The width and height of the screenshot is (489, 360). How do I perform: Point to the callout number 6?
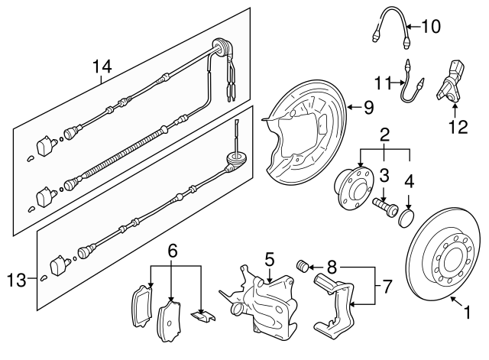pos(173,249)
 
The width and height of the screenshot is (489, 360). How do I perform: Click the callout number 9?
pos(368,108)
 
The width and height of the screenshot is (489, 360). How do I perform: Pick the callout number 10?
pos(432,28)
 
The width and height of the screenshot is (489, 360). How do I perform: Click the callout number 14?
pos(102,67)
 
